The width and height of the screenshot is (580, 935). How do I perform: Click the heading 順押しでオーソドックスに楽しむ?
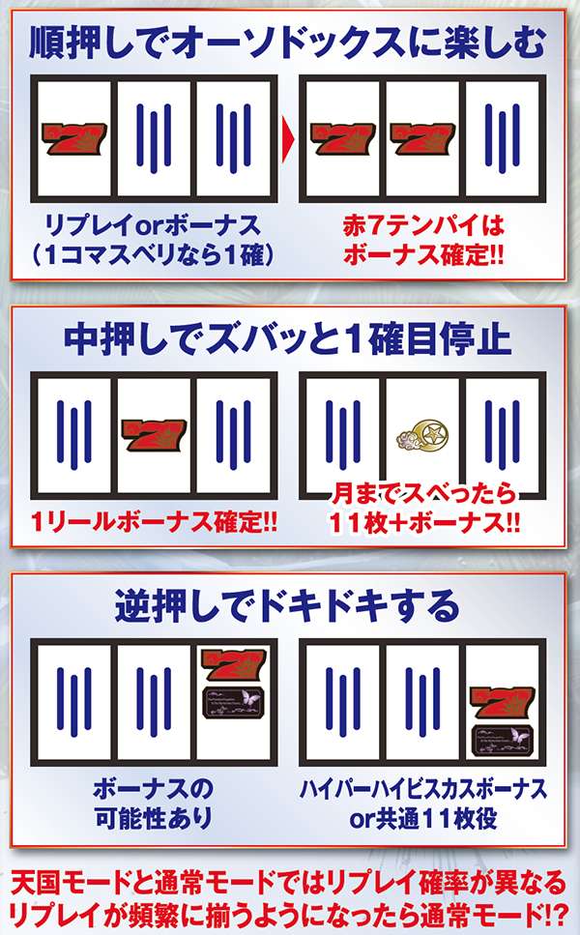tap(287, 43)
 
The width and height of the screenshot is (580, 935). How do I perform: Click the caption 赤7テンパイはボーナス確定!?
tap(423, 241)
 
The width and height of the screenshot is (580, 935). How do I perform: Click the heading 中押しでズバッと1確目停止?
tap(287, 339)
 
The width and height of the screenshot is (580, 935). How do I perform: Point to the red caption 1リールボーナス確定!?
tap(155, 522)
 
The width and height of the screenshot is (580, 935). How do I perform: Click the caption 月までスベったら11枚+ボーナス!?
tap(423, 509)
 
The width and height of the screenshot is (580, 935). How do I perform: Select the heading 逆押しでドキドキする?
tap(287, 606)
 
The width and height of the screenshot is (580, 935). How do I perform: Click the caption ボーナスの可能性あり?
tap(154, 804)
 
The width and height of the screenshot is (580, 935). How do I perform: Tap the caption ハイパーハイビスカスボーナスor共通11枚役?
tap(423, 804)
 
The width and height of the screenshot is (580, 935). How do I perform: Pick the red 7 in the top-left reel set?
tap(73, 138)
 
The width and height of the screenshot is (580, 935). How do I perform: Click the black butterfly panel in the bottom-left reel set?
tap(233, 702)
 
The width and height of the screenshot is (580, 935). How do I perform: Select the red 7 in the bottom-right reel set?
tap(503, 702)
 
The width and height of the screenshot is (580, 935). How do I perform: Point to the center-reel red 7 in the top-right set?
tap(422, 138)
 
